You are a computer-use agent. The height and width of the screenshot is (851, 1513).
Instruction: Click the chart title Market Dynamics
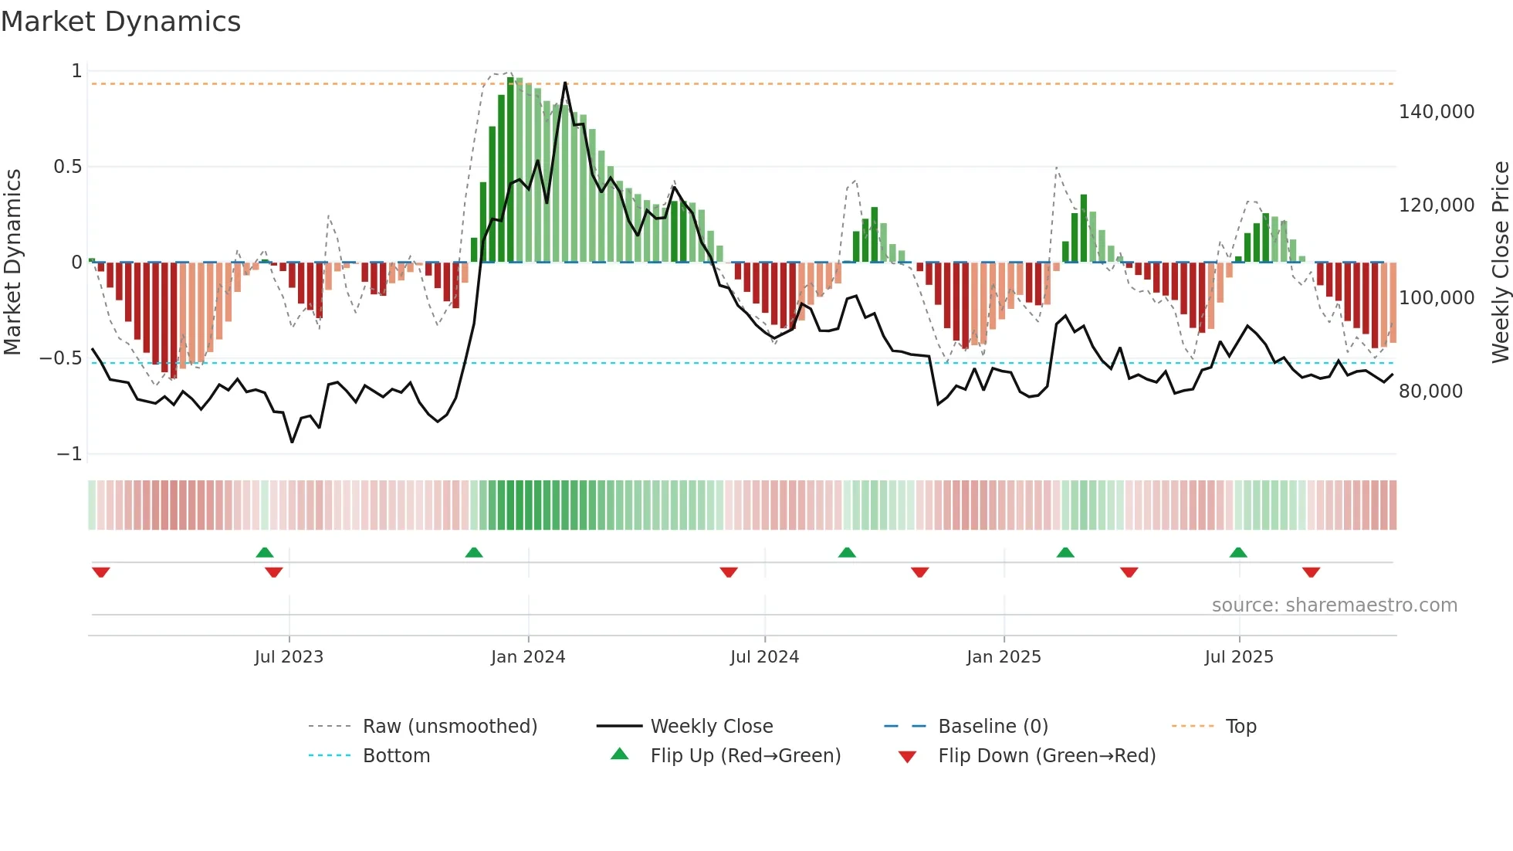[x=120, y=22]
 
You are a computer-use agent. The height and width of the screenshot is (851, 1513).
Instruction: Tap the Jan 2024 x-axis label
[x=528, y=657]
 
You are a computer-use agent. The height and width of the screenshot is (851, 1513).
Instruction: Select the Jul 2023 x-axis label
[x=289, y=657]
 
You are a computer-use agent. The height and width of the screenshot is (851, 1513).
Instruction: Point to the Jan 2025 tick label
[x=1004, y=657]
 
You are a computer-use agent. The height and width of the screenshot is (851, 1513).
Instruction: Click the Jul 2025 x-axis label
[x=1239, y=657]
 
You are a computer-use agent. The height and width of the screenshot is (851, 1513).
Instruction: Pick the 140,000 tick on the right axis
[x=1436, y=112]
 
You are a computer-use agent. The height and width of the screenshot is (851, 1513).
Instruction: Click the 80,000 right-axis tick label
[x=1430, y=392]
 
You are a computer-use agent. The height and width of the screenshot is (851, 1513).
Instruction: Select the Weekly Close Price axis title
[x=1500, y=262]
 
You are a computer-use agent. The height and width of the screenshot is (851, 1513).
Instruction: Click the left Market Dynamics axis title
[x=12, y=262]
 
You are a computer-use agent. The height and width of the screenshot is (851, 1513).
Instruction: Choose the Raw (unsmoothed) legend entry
[x=449, y=727]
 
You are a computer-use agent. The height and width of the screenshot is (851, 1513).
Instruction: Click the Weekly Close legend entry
[x=711, y=727]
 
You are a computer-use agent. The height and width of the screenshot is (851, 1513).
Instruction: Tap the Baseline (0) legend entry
[x=993, y=727]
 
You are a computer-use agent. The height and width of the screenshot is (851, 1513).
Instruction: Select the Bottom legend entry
[x=396, y=756]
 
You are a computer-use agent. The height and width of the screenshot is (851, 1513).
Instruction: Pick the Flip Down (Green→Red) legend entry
[x=1046, y=756]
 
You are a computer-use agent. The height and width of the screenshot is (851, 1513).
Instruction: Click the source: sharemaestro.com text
[x=1334, y=605]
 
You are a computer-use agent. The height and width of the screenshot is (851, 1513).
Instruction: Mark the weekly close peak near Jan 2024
[x=565, y=83]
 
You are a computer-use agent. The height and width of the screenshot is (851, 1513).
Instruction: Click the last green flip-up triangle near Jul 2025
[x=1238, y=553]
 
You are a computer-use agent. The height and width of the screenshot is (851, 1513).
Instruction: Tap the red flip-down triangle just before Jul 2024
[x=729, y=572]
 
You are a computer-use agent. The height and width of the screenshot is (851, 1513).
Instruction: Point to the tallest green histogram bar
[x=510, y=170]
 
